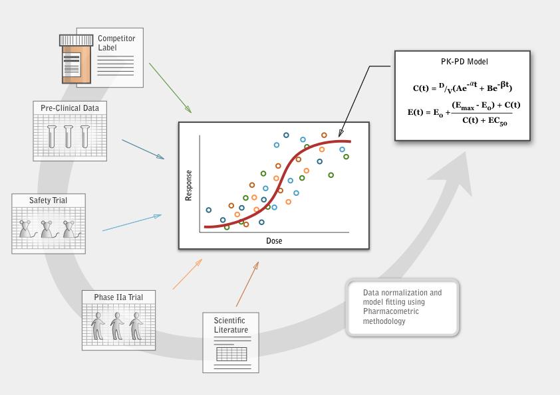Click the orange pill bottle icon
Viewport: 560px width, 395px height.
tap(76, 59)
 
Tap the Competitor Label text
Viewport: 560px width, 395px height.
tap(116, 42)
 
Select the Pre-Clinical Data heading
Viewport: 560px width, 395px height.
tap(70, 108)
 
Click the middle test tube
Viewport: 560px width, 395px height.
tap(69, 136)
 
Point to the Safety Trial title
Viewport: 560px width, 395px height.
tap(48, 200)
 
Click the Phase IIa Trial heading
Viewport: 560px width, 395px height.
tap(118, 297)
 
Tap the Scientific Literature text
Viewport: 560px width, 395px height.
tap(231, 325)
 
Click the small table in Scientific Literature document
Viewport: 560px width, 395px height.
tap(231, 355)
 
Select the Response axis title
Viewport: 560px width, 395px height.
tap(189, 185)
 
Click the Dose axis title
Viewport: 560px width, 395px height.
tap(274, 240)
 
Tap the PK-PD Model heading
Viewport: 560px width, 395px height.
tap(464, 62)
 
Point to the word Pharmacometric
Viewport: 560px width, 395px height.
tap(390, 311)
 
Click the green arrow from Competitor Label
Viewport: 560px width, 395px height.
tap(170, 88)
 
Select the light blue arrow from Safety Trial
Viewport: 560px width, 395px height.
tap(132, 223)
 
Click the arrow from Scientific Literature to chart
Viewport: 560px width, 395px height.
tap(247, 284)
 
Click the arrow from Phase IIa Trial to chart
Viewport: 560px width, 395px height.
tap(188, 274)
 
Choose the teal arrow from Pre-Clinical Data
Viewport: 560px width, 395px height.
tap(143, 149)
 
